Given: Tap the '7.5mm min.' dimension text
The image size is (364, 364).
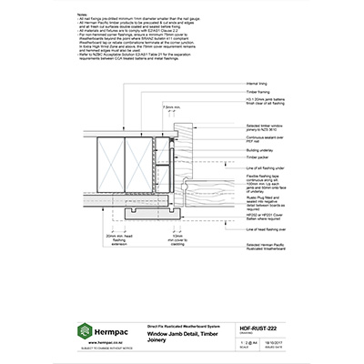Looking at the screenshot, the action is [171, 106].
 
